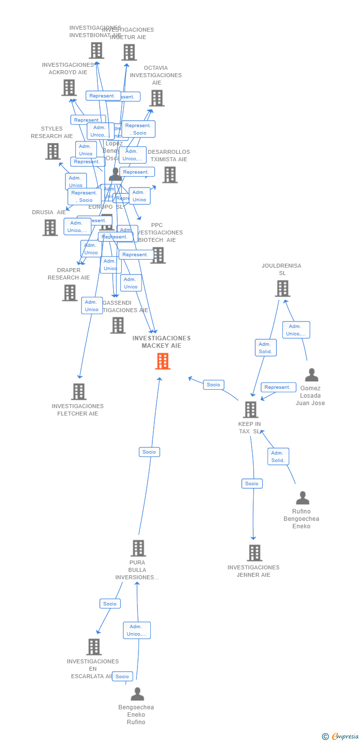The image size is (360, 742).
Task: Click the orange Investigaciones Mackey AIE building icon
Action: (163, 361)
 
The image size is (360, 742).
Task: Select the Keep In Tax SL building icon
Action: (251, 410)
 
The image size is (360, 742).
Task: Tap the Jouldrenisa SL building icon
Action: (282, 288)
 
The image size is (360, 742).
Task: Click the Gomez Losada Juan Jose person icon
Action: (312, 375)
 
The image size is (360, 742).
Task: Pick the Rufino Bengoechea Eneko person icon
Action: (303, 498)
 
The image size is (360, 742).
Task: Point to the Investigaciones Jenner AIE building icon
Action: (254, 553)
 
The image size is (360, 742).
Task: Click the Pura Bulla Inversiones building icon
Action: (138, 548)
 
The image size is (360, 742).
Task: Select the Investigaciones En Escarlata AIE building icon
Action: (94, 647)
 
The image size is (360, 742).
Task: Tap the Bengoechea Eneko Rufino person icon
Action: (137, 694)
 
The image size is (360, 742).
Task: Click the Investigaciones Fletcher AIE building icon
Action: (79, 391)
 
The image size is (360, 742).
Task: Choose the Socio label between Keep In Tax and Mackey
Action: (214, 384)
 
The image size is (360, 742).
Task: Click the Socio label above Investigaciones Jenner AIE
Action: (252, 483)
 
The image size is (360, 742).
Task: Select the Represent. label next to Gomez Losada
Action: (278, 387)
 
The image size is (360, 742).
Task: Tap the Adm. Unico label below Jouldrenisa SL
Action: (296, 330)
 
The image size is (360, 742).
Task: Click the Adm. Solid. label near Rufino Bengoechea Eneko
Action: (278, 457)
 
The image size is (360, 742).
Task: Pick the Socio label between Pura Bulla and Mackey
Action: (149, 452)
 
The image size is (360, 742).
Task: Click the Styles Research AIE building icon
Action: (53, 151)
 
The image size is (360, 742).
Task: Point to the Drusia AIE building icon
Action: (50, 228)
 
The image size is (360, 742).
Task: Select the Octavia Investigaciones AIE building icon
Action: (157, 98)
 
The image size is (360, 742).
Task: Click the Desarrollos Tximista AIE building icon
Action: (170, 175)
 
